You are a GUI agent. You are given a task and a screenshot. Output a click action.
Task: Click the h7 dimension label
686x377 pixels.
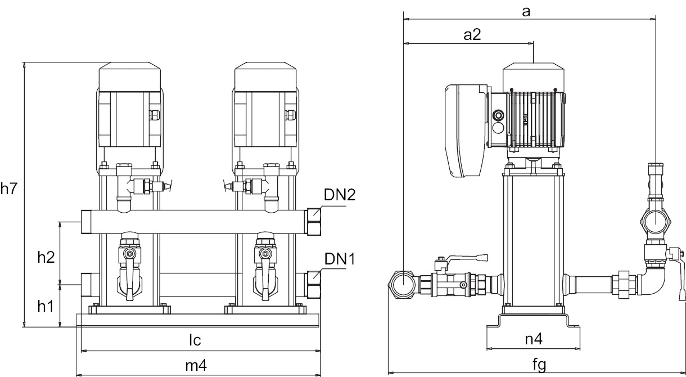click(9, 189)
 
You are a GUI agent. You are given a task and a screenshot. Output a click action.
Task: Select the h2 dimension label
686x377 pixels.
click(46, 257)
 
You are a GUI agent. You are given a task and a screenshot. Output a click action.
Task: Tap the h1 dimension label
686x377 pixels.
click(46, 306)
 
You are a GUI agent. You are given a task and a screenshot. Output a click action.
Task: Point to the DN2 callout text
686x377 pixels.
click(340, 195)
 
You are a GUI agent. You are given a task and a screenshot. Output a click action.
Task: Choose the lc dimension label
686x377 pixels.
click(195, 340)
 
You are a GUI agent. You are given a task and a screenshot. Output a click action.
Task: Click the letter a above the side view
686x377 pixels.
click(526, 11)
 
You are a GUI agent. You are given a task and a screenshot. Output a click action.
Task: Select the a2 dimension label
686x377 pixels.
click(472, 35)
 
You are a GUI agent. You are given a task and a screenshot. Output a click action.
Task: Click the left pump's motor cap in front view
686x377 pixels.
click(129, 75)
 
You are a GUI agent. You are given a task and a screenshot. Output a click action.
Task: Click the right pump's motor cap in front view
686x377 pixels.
click(265, 75)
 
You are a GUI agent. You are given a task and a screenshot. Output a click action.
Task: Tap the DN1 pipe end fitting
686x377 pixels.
click(314, 285)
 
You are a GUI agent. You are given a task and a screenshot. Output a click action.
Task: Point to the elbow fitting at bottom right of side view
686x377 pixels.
click(652, 285)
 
